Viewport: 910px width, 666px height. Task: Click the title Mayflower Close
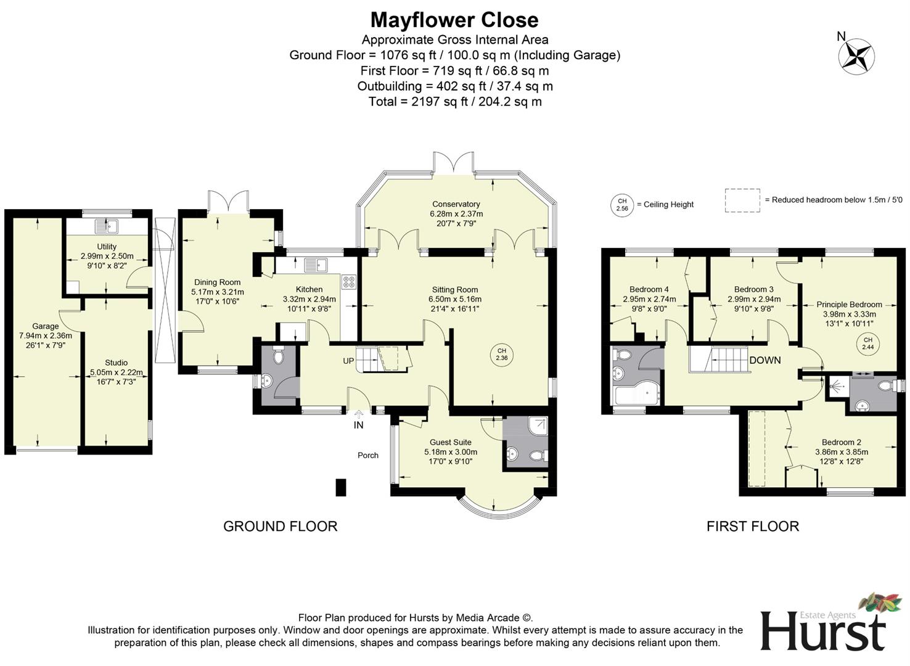point(454,20)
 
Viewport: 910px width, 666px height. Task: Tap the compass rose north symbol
point(856,56)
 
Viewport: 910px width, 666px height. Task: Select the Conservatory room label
point(456,204)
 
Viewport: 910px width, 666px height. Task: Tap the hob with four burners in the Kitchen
point(348,282)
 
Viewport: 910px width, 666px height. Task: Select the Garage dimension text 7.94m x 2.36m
point(46,336)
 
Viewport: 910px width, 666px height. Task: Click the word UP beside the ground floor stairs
point(348,361)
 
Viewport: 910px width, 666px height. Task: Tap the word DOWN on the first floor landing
point(764,360)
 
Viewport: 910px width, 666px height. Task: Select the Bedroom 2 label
point(841,442)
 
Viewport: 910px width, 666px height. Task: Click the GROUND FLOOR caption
point(280,526)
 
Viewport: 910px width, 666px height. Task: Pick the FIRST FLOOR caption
point(752,526)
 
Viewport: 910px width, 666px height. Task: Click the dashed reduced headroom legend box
point(742,200)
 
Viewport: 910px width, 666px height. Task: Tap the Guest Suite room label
point(450,442)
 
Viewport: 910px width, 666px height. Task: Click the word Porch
point(368,455)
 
